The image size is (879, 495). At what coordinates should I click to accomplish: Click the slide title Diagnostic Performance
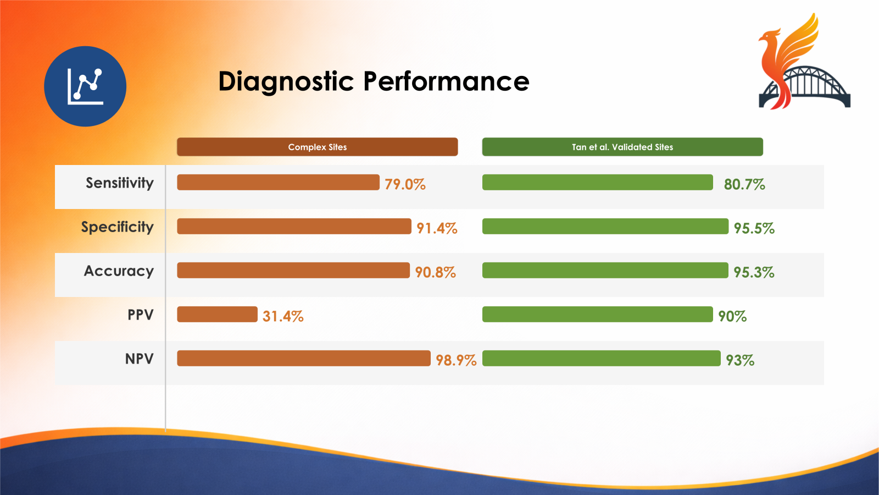tap(374, 82)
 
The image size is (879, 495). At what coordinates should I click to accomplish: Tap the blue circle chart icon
tap(85, 86)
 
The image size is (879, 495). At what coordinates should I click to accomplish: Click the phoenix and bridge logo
tap(804, 61)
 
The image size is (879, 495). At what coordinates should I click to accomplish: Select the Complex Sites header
tap(317, 147)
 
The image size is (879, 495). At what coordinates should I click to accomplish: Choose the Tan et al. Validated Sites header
tap(622, 147)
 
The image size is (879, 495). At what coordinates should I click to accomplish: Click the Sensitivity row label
tap(120, 183)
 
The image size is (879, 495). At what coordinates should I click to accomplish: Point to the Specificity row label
tap(118, 227)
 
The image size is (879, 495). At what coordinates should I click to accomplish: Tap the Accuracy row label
tap(119, 271)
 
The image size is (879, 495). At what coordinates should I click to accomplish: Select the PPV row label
tap(141, 315)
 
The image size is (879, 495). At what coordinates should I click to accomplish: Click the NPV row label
tap(140, 359)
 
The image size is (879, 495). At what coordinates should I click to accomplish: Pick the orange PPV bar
tap(218, 314)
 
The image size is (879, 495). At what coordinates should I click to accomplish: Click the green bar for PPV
tap(598, 314)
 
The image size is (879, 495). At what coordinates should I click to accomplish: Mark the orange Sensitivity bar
tap(278, 182)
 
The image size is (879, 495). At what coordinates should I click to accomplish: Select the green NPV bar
tap(602, 358)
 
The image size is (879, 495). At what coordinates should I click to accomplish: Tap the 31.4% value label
tap(283, 316)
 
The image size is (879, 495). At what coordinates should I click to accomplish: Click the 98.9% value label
tap(456, 360)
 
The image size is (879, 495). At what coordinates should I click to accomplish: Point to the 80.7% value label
tap(744, 184)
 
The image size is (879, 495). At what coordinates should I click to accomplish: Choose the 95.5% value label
tap(754, 228)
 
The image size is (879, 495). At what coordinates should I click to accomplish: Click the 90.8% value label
tap(436, 272)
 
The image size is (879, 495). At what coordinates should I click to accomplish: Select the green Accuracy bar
tap(605, 270)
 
